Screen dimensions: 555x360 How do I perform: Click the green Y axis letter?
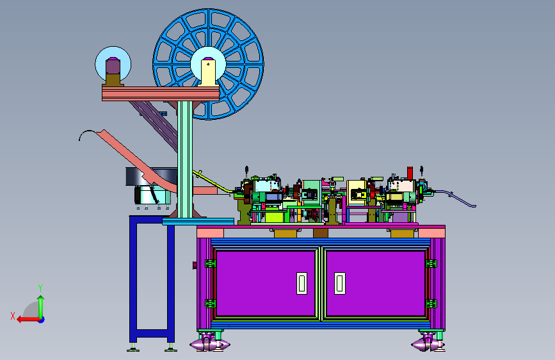[x=40, y=288]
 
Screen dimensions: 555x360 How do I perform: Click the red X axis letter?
[x=13, y=316]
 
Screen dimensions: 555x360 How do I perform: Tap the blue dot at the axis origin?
[x=42, y=320]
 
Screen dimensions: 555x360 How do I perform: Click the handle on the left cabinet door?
[x=302, y=283]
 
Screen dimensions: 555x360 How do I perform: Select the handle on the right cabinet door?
[x=340, y=283]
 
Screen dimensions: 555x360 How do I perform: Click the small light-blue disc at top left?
[x=113, y=64]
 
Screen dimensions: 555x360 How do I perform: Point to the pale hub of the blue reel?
[x=208, y=65]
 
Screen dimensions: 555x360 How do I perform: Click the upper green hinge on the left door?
[x=211, y=263]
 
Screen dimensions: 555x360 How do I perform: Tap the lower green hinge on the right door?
[x=431, y=304]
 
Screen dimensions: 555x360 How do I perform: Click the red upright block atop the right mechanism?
[x=410, y=173]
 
